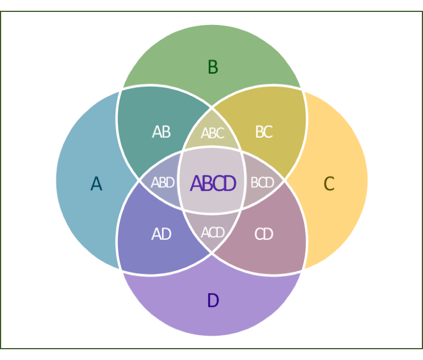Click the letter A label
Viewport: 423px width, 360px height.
point(96,184)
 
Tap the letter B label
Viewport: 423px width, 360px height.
point(213,67)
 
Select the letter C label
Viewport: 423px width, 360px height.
point(329,184)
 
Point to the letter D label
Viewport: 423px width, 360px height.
point(213,300)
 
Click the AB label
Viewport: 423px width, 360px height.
point(161,132)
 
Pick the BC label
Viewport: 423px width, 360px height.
point(264,132)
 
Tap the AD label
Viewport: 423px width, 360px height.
point(161,234)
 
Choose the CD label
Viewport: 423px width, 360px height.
point(264,234)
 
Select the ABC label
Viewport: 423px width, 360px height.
point(213,133)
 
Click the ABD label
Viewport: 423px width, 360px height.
point(162,183)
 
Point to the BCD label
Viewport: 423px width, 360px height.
point(263,183)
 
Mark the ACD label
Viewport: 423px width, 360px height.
point(213,232)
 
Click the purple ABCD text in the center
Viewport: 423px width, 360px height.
point(213,184)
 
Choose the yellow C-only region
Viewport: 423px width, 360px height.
point(340,147)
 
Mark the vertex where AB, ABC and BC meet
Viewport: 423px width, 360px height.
point(212,107)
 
